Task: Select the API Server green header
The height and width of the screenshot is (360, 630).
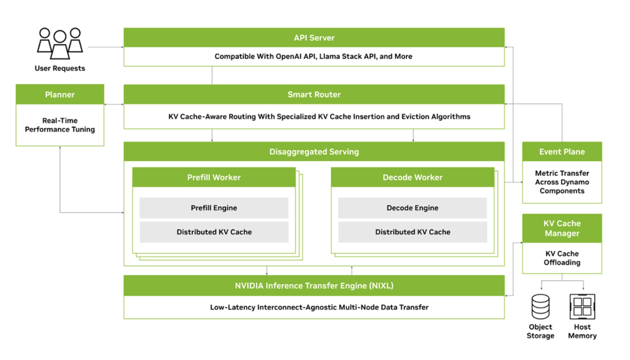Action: [314, 38]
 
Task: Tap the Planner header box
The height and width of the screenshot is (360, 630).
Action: [60, 95]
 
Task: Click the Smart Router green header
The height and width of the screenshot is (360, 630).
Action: [314, 95]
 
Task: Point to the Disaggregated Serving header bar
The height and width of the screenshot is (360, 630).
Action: [314, 152]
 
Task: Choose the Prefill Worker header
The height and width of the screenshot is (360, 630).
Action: [213, 177]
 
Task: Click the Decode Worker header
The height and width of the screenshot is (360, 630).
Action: [412, 177]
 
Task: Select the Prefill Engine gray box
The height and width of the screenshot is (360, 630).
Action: [213, 208]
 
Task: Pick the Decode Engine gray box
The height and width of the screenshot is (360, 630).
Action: [412, 208]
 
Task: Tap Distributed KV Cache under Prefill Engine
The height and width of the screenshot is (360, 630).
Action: [213, 232]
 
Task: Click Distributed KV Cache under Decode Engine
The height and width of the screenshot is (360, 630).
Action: [412, 232]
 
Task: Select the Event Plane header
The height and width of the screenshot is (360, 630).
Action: [562, 152]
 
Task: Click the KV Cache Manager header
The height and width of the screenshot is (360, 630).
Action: [562, 228]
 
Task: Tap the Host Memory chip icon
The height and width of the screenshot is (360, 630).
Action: [582, 307]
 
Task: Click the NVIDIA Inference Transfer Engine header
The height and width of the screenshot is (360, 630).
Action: [314, 286]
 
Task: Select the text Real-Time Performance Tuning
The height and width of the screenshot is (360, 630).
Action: [60, 125]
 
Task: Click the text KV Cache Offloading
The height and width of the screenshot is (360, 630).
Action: [562, 258]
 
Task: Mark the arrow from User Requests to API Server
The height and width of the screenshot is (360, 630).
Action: [105, 47]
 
